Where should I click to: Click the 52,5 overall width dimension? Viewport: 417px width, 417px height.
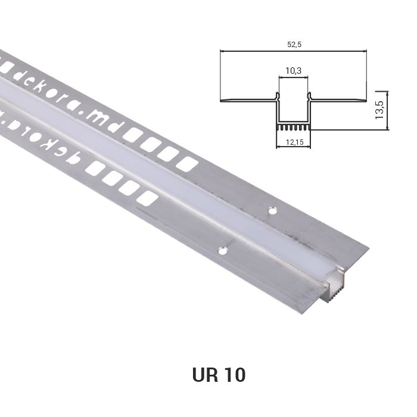click(293, 44)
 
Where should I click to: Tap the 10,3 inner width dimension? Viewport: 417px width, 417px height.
click(293, 71)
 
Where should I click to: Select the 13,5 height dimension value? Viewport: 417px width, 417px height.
click(379, 110)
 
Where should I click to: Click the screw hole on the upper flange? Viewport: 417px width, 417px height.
click(272, 210)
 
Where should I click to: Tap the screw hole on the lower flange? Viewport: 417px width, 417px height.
click(223, 251)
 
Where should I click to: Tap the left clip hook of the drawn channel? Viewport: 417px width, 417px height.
click(277, 95)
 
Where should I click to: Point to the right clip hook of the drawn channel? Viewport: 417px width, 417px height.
click(309, 95)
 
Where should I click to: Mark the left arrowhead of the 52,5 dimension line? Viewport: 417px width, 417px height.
click(222, 51)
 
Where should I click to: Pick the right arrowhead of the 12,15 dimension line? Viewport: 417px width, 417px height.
click(307, 136)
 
